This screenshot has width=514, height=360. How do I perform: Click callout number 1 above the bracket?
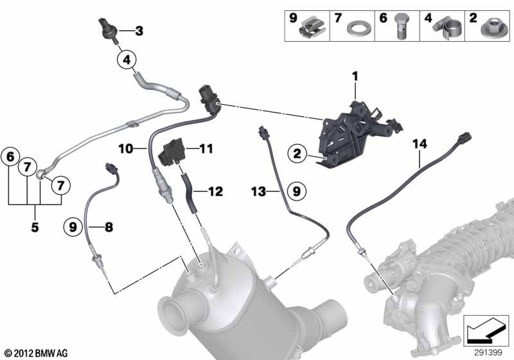pyautogui.click(x=355, y=76)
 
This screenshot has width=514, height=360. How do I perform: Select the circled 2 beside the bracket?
pyautogui.click(x=297, y=153)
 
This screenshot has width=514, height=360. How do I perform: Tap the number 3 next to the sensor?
pyautogui.click(x=139, y=31)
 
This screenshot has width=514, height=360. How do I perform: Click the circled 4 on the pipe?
pyautogui.click(x=127, y=60)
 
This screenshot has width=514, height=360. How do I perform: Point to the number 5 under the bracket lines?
pyautogui.click(x=35, y=227)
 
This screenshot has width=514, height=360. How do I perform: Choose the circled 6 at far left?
pyautogui.click(x=10, y=157)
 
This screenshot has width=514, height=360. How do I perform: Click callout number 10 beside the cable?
pyautogui.click(x=125, y=148)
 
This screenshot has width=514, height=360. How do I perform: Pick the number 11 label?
pyautogui.click(x=206, y=148)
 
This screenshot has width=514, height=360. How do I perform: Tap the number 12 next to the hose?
pyautogui.click(x=216, y=191)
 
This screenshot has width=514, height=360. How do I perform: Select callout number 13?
pyautogui.click(x=258, y=191)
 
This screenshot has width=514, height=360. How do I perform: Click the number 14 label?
pyautogui.click(x=420, y=143)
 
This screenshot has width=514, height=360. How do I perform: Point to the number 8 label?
pyautogui.click(x=109, y=227)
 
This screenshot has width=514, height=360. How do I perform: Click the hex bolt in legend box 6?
pyautogui.click(x=401, y=26)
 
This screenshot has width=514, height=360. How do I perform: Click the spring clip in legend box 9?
pyautogui.click(x=312, y=27)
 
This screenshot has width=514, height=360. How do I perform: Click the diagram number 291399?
pyautogui.click(x=488, y=352)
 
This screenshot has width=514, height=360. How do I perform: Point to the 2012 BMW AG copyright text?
pyautogui.click(x=37, y=353)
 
